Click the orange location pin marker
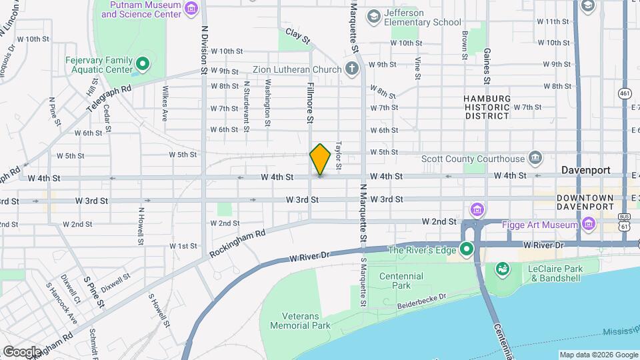[320, 159]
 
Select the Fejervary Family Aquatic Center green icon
[142, 65]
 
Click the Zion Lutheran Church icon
[352, 69]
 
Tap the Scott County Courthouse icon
[535, 159]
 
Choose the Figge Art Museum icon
[588, 225]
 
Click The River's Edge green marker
[467, 251]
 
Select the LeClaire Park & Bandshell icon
[501, 269]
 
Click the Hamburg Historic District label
[487, 107]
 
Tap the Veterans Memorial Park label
[300, 321]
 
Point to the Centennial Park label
[401, 281]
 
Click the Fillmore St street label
[310, 103]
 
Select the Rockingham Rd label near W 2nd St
[237, 243]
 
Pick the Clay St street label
[299, 36]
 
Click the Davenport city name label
[585, 170]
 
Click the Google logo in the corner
[22, 351]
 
